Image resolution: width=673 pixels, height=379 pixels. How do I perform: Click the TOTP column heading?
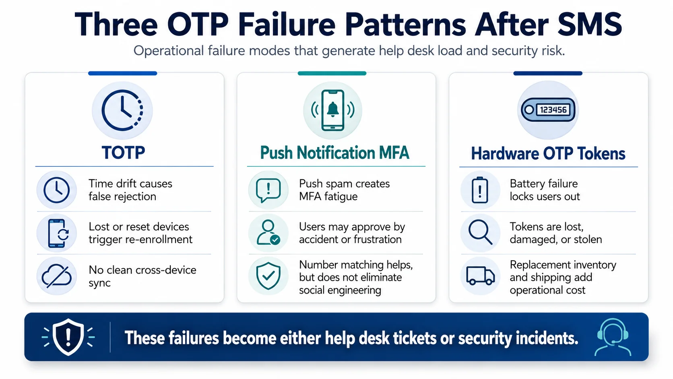click(x=123, y=152)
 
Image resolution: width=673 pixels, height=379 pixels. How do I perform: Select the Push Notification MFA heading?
click(x=334, y=153)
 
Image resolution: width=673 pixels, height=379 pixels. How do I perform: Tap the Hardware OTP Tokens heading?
click(x=548, y=153)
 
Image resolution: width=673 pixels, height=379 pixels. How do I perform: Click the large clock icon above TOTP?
click(x=122, y=110)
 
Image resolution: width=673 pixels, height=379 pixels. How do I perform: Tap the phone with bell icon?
click(x=332, y=110)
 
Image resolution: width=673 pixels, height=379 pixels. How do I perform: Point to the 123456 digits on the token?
click(x=553, y=110)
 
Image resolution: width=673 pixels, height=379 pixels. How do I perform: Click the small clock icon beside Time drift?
click(x=56, y=190)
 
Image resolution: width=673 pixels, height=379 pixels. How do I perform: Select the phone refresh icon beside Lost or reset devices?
click(x=58, y=233)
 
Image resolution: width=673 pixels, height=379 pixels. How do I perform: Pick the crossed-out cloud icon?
click(x=56, y=275)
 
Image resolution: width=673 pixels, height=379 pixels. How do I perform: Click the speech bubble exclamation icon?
click(x=268, y=190)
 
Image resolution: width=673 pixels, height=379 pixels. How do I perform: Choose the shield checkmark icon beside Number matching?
click(x=268, y=275)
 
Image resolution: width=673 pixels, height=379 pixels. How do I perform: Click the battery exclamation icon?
click(x=480, y=190)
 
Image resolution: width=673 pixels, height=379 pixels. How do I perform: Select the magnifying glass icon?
click(x=480, y=232)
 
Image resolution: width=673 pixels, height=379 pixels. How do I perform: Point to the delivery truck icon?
click(x=481, y=275)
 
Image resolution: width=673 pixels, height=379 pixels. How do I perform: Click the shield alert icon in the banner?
click(x=68, y=337)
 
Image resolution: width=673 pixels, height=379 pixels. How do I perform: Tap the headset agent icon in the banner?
click(x=613, y=337)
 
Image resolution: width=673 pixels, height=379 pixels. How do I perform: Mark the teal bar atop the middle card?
click(x=332, y=73)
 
